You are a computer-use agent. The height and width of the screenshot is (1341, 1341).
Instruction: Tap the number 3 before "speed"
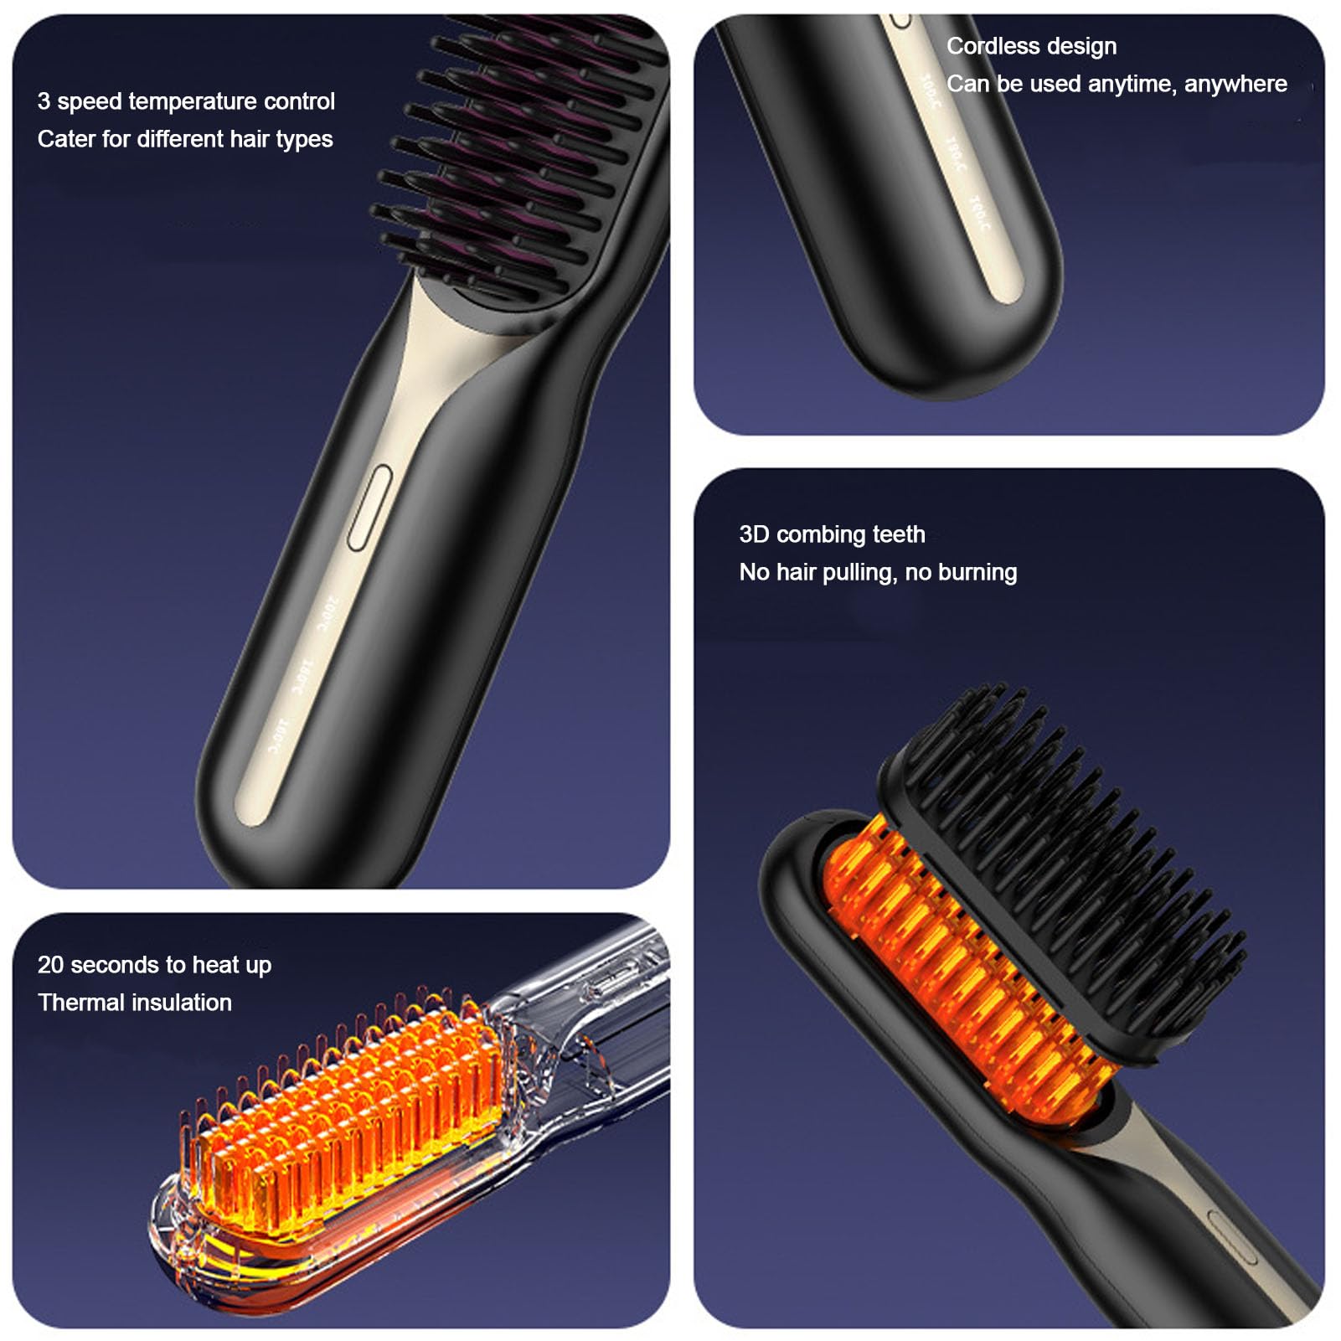coord(44,101)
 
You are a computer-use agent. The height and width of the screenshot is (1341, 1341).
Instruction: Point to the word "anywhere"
coord(1235,84)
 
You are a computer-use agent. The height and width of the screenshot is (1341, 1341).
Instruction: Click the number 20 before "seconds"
coord(50,965)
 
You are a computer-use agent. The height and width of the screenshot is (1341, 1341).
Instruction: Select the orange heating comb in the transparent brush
coord(352,1106)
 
